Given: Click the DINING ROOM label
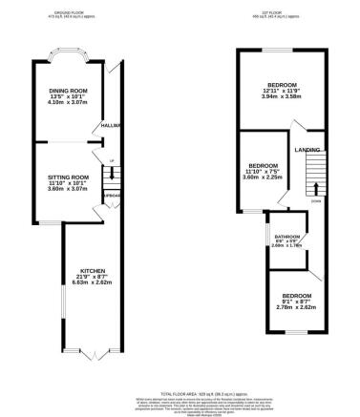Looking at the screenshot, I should pyautogui.click(x=68, y=91).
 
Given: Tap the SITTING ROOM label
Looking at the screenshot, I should pyautogui.click(x=68, y=177).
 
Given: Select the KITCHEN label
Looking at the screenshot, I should pyautogui.click(x=92, y=270).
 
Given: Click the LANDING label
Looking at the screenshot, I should pyautogui.click(x=307, y=150).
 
